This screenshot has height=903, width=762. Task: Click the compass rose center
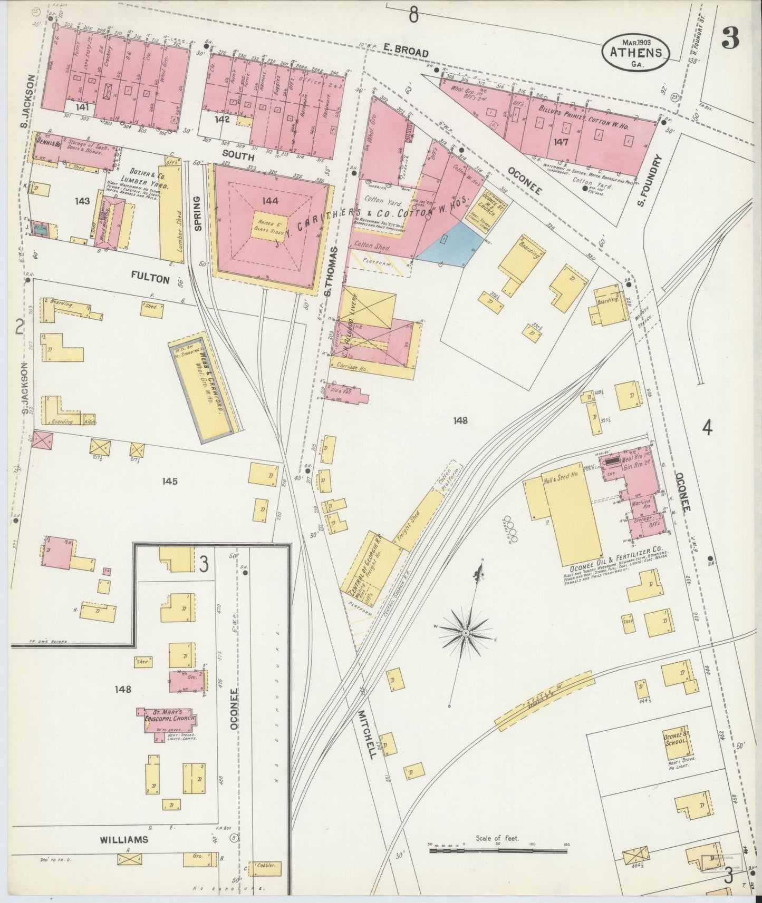coord(466,632)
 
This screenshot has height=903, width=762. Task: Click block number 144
coord(272,201)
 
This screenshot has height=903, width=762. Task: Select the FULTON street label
coord(151,278)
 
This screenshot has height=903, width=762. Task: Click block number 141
coord(81,107)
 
